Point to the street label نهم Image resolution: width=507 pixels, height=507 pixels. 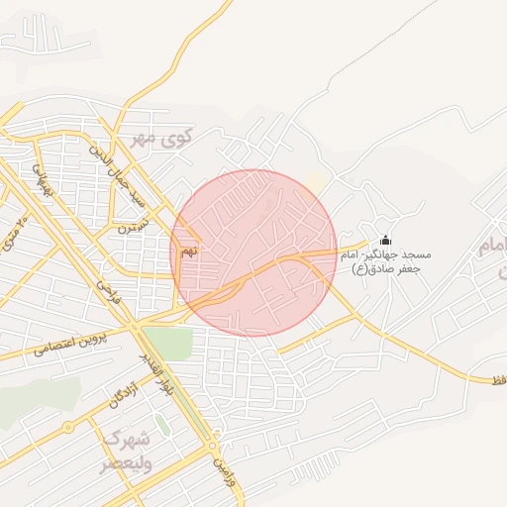(188, 253)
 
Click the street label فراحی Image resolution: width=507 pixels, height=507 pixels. (104, 288)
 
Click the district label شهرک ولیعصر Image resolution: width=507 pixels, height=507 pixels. (127, 451)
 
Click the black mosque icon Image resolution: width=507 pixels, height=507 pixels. (385, 241)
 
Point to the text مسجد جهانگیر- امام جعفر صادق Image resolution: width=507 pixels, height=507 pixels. (381, 261)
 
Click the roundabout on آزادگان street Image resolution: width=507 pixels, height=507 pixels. (67, 428)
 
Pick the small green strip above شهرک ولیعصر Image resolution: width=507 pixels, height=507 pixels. (161, 425)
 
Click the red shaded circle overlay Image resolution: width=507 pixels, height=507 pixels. (253, 253)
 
